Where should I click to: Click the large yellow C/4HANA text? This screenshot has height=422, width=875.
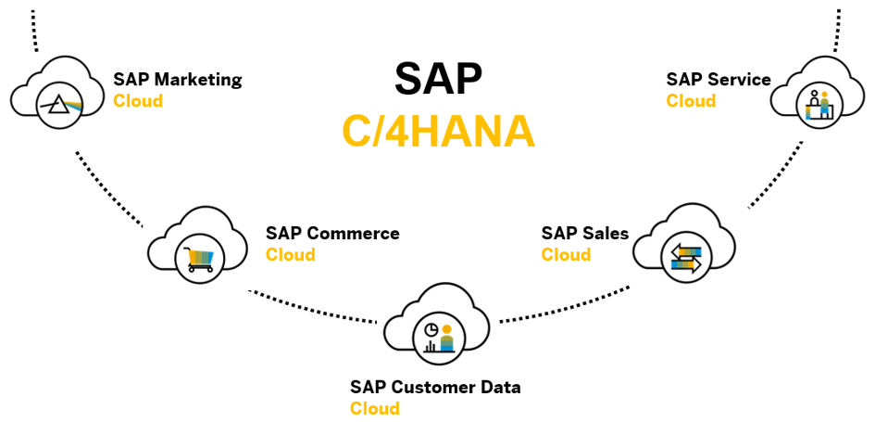point(439,133)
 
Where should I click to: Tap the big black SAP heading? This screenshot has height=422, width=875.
point(438,80)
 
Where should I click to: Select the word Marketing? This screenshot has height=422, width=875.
point(198,81)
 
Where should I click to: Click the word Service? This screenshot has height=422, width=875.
point(739,80)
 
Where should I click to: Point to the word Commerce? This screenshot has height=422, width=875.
point(353,233)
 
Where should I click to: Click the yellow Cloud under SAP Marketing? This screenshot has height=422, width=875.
point(138,100)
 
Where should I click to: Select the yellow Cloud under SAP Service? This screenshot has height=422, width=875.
point(691,100)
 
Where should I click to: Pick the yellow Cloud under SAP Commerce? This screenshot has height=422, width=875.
point(290,254)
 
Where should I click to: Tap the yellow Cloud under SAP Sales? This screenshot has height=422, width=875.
point(566,254)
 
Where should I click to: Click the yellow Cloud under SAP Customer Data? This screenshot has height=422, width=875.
point(375,408)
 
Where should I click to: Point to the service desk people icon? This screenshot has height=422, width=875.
point(819,105)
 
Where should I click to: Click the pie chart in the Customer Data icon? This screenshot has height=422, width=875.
point(431,330)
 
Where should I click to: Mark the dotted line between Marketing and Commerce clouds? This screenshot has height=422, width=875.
point(109,188)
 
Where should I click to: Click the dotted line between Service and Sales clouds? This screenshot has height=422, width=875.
point(776,174)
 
